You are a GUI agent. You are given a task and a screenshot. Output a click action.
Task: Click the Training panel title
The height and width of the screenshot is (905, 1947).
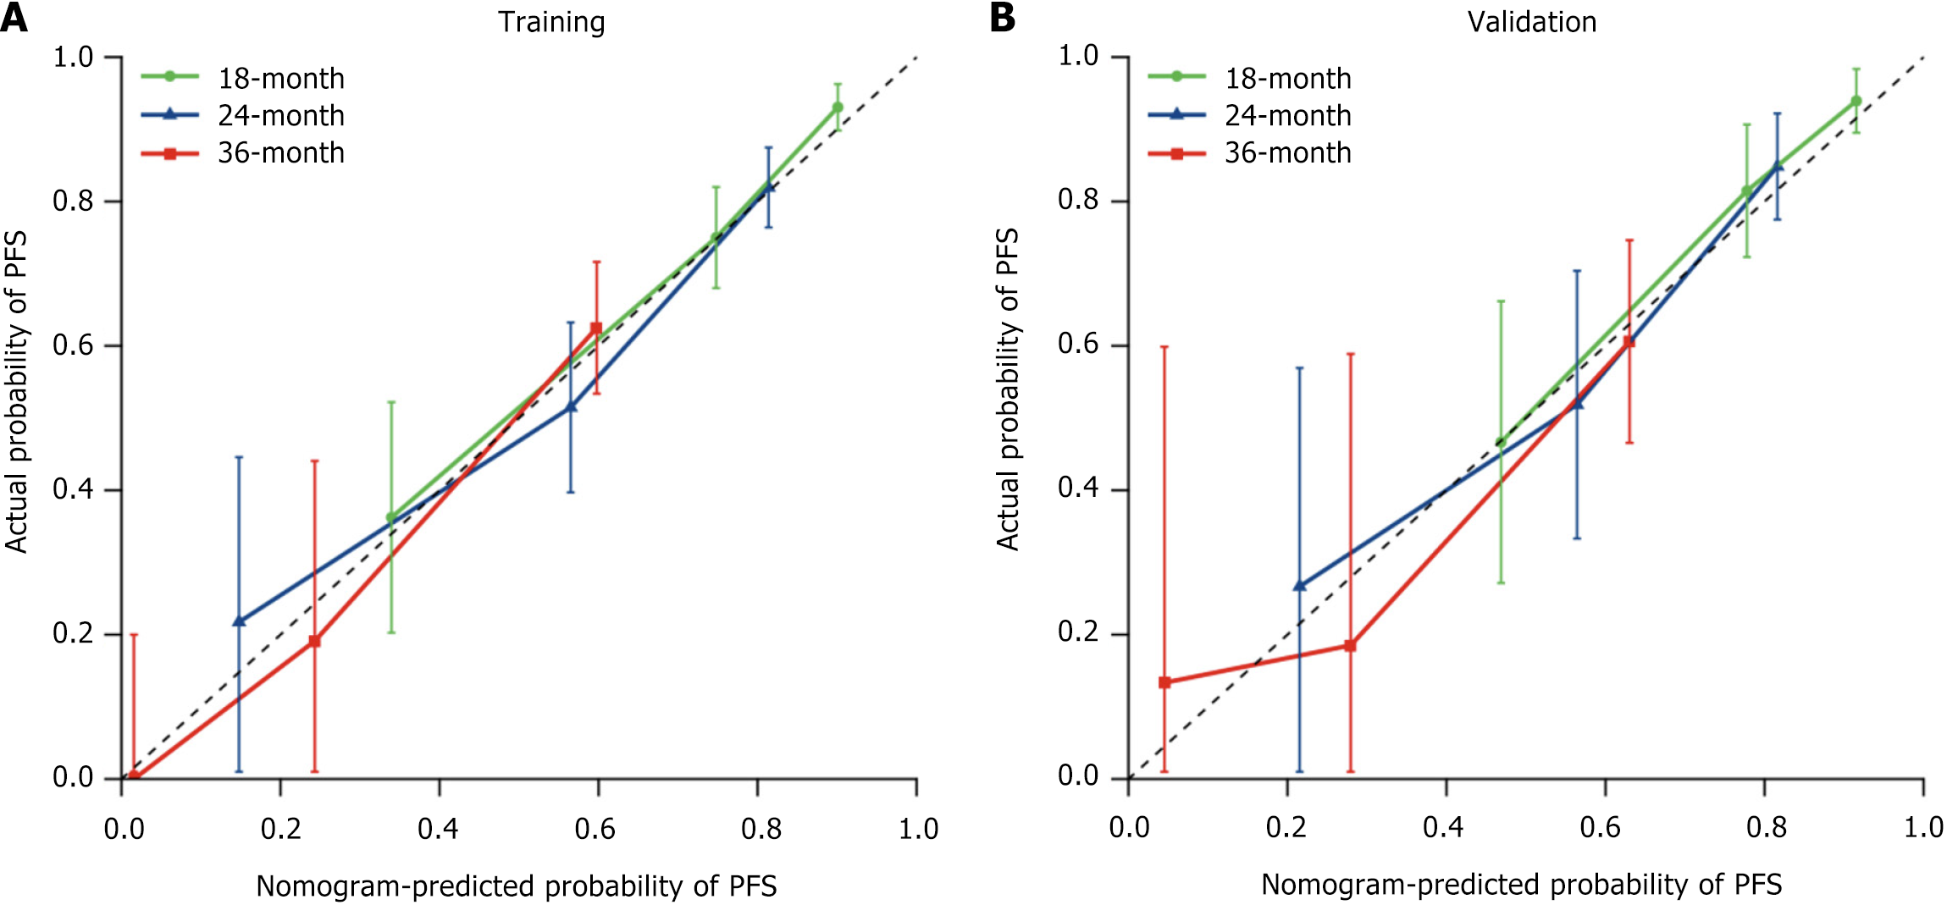tap(551, 22)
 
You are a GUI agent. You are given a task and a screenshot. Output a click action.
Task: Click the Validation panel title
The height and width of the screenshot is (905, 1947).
tap(1531, 22)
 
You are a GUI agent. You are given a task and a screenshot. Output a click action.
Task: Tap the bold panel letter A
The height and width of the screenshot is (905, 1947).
tap(14, 18)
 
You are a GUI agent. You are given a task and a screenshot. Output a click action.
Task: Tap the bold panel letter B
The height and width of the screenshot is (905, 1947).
tap(1003, 18)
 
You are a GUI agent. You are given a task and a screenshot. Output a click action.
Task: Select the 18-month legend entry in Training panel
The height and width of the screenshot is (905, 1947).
tap(243, 78)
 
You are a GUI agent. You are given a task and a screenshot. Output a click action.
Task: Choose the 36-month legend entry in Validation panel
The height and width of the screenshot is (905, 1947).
tap(1250, 153)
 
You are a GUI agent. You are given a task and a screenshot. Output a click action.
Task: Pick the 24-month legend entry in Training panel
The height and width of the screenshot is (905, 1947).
tap(243, 115)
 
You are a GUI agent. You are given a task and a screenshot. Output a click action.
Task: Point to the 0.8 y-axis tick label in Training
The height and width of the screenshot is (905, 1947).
tap(73, 201)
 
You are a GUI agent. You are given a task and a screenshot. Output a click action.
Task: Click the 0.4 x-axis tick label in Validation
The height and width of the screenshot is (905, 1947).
tap(1444, 827)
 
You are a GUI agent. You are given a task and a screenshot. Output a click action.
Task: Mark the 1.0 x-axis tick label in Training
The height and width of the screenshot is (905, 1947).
tap(918, 829)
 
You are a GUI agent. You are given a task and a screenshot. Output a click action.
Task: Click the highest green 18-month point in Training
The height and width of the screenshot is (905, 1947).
tap(838, 108)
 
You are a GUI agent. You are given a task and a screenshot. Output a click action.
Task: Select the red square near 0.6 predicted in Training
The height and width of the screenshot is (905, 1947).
tap(596, 328)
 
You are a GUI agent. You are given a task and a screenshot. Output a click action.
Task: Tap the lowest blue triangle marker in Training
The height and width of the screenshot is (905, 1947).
tap(239, 621)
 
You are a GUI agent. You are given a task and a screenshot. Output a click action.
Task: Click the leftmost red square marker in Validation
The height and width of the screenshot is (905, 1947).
tap(1164, 682)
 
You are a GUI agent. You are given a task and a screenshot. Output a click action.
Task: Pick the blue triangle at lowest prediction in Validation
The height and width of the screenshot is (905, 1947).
tap(1299, 585)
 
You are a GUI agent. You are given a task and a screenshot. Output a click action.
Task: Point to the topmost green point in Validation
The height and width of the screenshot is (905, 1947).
tap(1856, 101)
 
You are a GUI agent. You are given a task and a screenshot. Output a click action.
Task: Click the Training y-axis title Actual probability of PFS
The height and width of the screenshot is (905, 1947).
tap(16, 391)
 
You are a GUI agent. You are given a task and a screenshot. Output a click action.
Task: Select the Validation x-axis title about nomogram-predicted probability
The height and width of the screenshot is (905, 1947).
tap(1521, 885)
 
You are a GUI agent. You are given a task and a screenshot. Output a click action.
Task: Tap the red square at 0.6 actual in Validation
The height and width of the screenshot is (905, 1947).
tap(1629, 342)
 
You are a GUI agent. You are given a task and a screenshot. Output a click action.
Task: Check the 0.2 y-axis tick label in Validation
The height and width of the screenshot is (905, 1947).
tap(1078, 632)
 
